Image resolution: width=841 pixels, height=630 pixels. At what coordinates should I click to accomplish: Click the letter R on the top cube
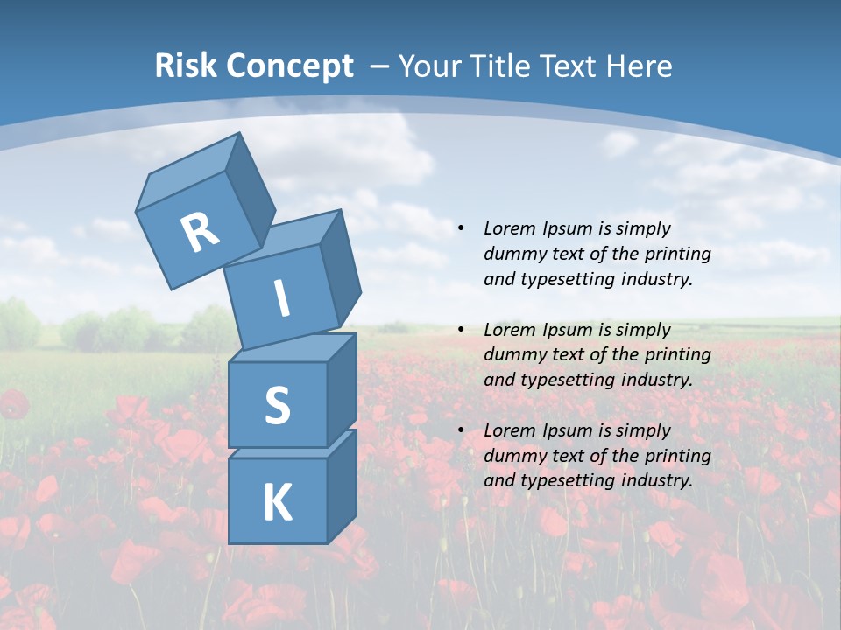click(200, 232)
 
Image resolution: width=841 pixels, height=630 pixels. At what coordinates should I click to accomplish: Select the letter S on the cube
click(277, 406)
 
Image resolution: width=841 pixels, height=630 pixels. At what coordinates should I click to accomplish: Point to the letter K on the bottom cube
click(277, 503)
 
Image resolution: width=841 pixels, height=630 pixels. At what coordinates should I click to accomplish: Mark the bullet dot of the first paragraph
click(461, 229)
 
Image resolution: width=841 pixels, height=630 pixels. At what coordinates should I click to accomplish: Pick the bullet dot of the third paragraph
click(461, 431)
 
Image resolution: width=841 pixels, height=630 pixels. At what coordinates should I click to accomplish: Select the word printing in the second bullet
click(677, 355)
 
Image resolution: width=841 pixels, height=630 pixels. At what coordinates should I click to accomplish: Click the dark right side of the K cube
click(342, 486)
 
